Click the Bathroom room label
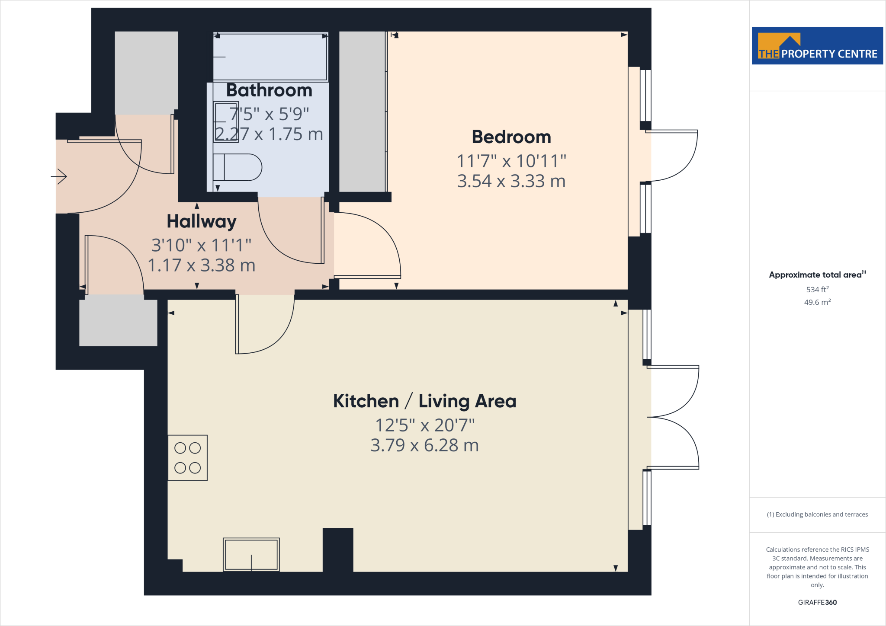[269, 90]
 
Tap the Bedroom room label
[511, 137]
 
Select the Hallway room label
[202, 221]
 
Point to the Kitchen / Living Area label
[424, 401]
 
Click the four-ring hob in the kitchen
[188, 458]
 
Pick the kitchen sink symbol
[251, 555]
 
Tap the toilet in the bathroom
[238, 167]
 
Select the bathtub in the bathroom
[270, 57]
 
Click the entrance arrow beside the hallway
[59, 176]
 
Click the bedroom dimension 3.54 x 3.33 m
[511, 181]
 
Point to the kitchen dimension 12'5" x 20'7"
[424, 425]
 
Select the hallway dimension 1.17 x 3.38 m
[202, 265]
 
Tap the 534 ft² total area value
[817, 290]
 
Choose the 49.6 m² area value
[817, 302]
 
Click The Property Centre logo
[817, 46]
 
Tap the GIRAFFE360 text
[817, 602]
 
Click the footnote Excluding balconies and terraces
[817, 514]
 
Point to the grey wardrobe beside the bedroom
[362, 112]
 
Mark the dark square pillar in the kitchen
[338, 550]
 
